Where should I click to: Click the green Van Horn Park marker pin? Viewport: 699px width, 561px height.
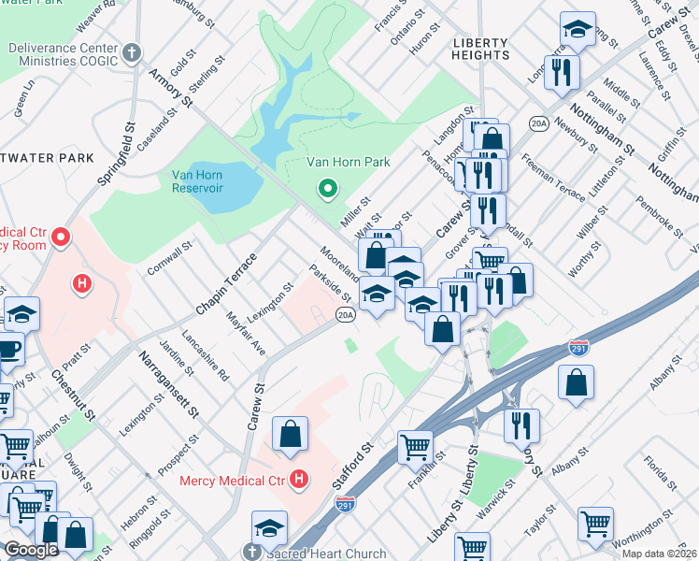point(327,190)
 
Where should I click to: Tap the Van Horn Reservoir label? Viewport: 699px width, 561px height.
point(197,180)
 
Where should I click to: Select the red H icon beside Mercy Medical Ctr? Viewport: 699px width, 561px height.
point(299,481)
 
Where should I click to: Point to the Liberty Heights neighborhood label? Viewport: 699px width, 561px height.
point(480,49)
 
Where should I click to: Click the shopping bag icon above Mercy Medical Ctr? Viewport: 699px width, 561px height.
point(291,434)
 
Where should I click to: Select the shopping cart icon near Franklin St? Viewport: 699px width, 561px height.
point(415,447)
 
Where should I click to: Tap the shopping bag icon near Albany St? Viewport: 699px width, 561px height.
point(577,381)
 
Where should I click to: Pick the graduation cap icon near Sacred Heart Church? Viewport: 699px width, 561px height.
point(269,526)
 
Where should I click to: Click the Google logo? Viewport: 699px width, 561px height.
point(31,550)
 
